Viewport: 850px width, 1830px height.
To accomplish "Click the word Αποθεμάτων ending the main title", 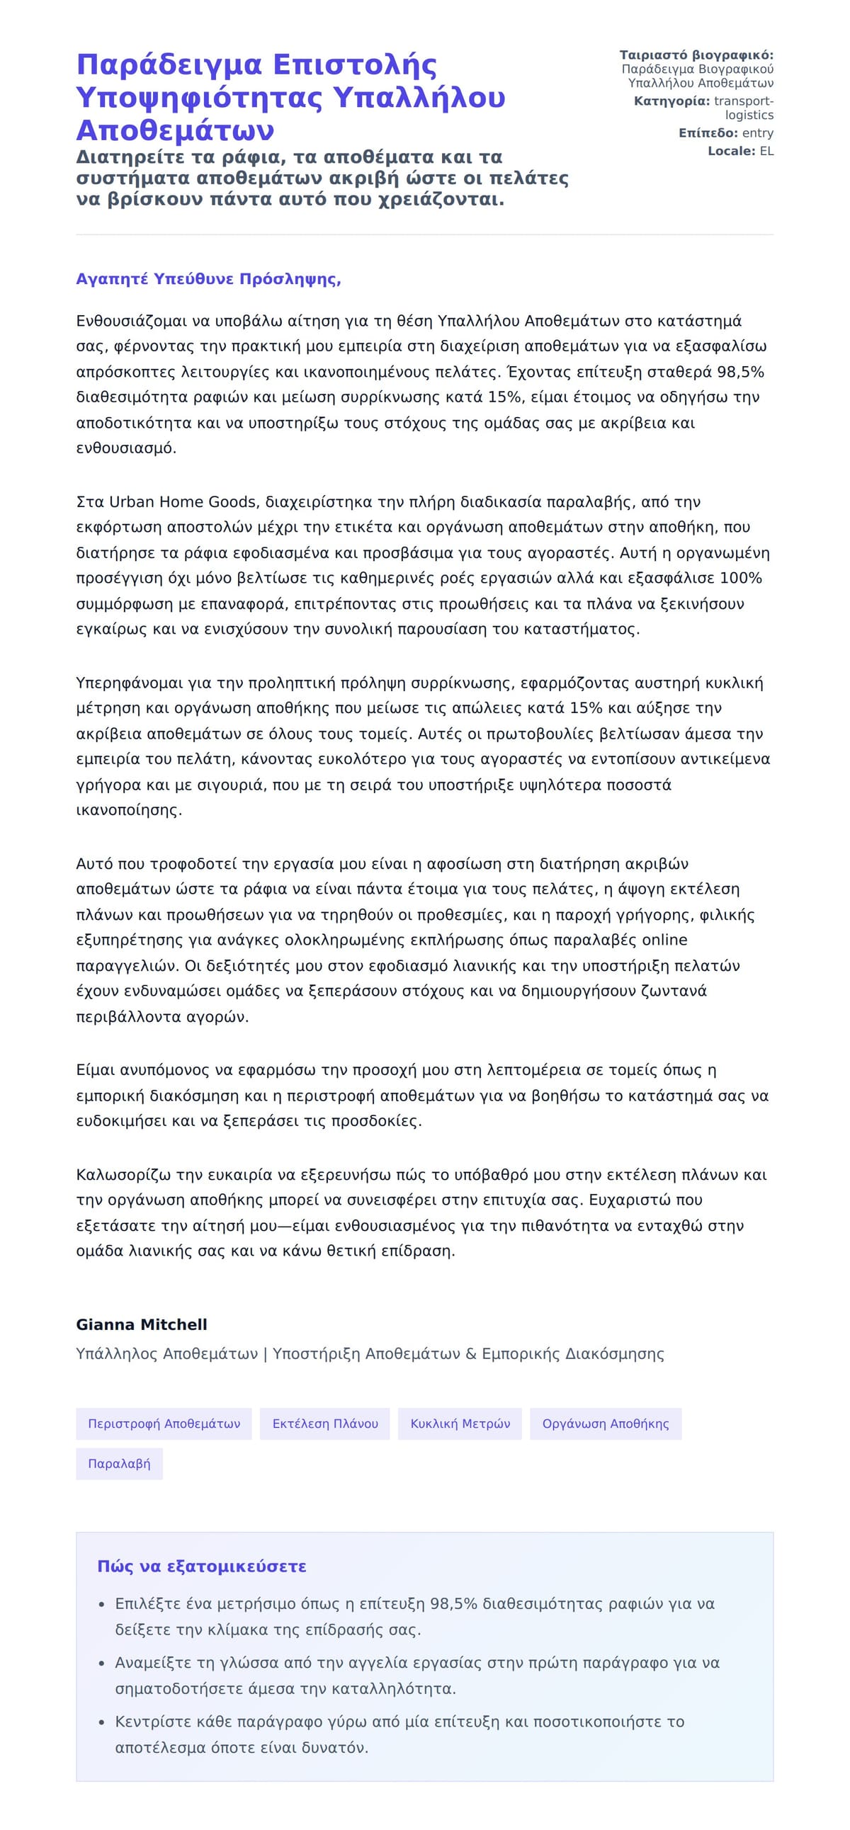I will pos(175,131).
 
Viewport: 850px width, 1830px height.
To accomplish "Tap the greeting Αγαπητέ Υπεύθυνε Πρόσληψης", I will pos(208,279).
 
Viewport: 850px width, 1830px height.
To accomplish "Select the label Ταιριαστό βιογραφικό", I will pos(696,55).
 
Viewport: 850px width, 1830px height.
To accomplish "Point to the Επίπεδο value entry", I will pos(758,133).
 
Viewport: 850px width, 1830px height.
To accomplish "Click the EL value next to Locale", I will pos(766,151).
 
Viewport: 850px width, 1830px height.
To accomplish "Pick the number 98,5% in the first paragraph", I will pos(739,373).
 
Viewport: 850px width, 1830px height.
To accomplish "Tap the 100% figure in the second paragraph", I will pos(740,579).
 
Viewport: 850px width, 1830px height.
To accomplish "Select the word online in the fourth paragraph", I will pos(664,940).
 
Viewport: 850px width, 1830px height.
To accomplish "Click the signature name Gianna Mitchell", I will pos(142,1324).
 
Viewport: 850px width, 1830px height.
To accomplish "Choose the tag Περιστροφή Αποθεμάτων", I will pos(164,1423).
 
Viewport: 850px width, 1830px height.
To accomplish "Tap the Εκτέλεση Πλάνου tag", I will pos(325,1423).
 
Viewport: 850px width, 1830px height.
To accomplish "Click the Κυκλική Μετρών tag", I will pos(460,1423).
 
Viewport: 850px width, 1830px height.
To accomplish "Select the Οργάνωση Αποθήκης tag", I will pos(605,1423).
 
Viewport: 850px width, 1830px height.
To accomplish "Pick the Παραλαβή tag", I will pos(119,1463).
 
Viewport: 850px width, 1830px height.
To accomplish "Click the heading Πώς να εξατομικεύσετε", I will pos(202,1567).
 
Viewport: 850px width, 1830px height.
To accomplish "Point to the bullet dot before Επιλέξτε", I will pos(103,1605).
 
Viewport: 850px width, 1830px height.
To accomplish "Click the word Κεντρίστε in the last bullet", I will pos(148,1722).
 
